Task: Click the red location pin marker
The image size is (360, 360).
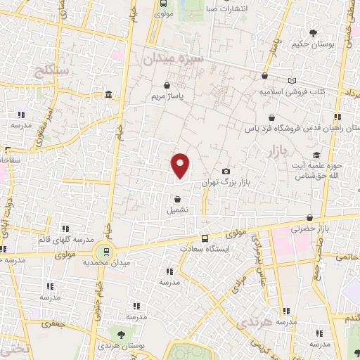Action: (181, 166)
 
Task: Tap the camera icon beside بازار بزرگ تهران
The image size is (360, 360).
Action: (226, 172)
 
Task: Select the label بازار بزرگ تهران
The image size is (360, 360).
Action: (226, 183)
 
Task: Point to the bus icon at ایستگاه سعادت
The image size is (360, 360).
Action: (205, 238)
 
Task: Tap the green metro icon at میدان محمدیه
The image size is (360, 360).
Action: (105, 251)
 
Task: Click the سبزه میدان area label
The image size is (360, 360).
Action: (172, 60)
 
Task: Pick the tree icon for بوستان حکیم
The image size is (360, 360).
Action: (313, 33)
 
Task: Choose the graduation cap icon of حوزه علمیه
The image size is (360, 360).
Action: (317, 155)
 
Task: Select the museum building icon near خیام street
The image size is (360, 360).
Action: (107, 94)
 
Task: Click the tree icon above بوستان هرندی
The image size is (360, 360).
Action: (121, 336)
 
